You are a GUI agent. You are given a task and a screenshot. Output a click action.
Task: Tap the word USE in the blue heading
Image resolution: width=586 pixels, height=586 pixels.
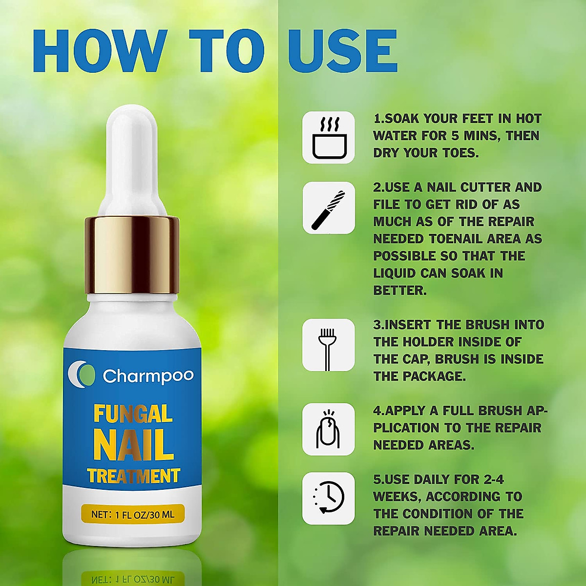[x=342, y=51]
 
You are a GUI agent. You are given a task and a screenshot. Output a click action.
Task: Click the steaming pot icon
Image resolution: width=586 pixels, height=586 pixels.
[x=329, y=137]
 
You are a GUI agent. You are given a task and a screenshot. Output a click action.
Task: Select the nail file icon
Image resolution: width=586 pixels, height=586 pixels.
[x=329, y=208]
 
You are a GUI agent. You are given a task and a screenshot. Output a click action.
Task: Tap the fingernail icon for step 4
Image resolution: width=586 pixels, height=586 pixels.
[x=328, y=429]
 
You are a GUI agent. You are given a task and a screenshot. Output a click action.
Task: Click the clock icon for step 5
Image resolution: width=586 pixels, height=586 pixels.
[x=329, y=498]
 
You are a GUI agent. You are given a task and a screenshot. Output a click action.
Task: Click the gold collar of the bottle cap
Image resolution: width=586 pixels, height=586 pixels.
[x=132, y=254]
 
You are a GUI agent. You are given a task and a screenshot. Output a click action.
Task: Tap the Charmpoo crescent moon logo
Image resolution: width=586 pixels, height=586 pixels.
[x=82, y=375]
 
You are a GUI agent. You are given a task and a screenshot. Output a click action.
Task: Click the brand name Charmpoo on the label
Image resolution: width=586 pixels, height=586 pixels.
[x=148, y=376]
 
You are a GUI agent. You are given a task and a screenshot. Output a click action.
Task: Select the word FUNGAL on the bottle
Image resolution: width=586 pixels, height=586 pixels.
[x=133, y=414]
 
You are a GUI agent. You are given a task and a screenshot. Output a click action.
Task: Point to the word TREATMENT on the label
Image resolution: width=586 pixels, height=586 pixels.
[x=133, y=476]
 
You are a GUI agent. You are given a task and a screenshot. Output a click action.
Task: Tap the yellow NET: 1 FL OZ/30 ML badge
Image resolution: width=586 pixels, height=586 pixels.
[x=133, y=514]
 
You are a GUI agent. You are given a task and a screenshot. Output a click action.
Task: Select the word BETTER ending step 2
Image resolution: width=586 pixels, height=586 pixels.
[x=399, y=290]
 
